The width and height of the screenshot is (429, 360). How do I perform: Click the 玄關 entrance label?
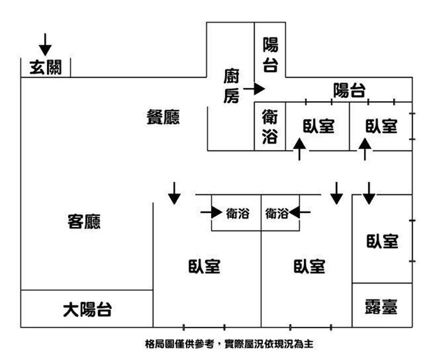click(x=45, y=67)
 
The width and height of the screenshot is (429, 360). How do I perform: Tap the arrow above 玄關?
click(x=45, y=44)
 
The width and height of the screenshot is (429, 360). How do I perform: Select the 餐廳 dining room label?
click(x=163, y=118)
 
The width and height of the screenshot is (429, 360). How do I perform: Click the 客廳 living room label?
click(x=84, y=221)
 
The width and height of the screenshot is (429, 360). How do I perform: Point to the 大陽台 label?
click(x=87, y=309)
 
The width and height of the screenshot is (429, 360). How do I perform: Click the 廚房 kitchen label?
click(x=231, y=86)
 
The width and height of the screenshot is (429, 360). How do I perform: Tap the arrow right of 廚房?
click(x=254, y=88)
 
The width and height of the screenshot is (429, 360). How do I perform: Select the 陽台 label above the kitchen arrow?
click(x=270, y=55)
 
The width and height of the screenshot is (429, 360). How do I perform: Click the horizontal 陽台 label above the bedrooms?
click(x=349, y=91)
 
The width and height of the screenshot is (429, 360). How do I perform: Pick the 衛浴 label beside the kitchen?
click(x=270, y=127)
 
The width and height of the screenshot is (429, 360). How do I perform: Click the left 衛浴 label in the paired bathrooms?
click(x=237, y=213)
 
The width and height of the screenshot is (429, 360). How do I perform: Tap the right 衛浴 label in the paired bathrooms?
click(x=277, y=213)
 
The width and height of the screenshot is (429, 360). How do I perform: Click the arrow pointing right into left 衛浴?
click(x=211, y=213)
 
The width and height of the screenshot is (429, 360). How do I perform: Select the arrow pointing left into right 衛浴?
click(x=300, y=213)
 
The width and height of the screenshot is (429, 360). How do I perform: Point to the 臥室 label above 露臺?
click(x=382, y=242)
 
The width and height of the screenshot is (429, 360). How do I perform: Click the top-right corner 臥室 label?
click(x=381, y=126)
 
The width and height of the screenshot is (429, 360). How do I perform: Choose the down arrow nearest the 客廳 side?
click(x=174, y=193)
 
